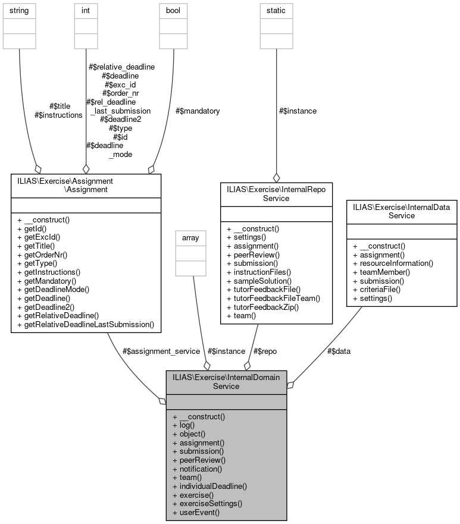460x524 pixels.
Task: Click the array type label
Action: (x=190, y=238)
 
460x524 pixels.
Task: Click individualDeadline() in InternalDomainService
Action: (x=209, y=486)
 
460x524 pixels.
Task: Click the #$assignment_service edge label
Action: (x=160, y=351)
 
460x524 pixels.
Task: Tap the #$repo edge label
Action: (x=265, y=351)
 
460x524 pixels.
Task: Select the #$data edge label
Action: (x=339, y=351)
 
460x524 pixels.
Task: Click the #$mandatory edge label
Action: (x=198, y=111)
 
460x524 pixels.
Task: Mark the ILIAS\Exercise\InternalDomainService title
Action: (x=226, y=381)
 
